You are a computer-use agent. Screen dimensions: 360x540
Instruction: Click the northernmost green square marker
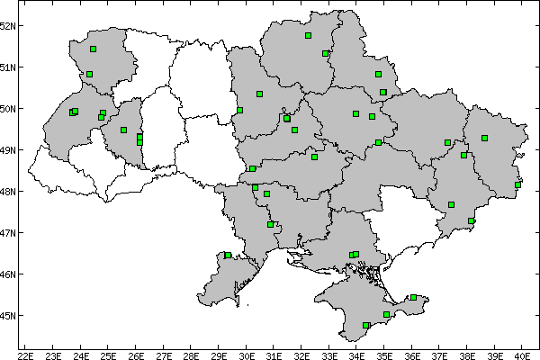tap(308, 36)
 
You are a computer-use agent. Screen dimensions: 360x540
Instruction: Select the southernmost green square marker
tap(366, 325)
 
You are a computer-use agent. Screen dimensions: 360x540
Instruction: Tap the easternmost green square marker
tap(517, 185)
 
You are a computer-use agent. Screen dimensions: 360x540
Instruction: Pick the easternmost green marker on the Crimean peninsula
tap(413, 297)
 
